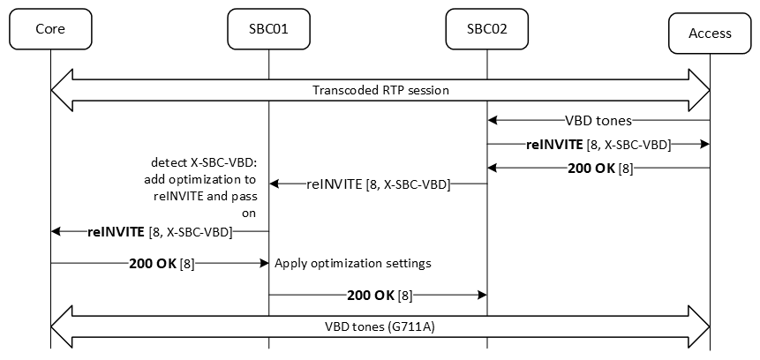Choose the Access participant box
[x=710, y=33]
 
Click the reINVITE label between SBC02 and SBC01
[x=379, y=184]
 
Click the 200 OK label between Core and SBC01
[x=158, y=263]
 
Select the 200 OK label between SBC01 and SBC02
[x=380, y=296]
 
